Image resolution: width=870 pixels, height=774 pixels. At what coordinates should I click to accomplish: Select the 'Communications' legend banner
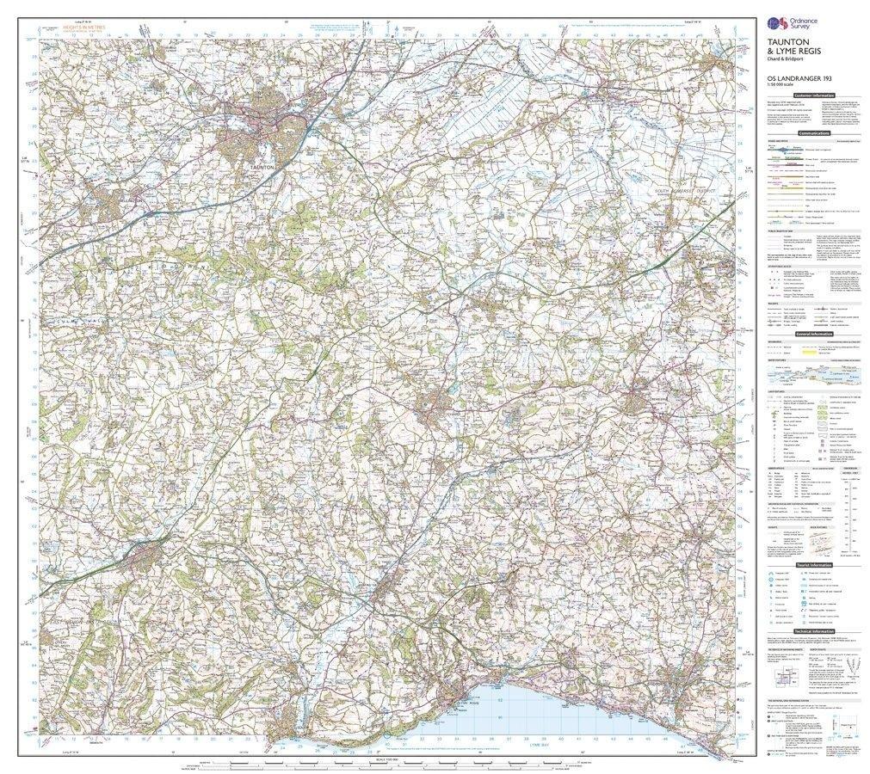tap(815, 134)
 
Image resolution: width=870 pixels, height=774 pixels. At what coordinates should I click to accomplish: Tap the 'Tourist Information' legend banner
tap(815, 565)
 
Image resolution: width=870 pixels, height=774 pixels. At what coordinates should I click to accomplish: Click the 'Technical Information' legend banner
tap(815, 630)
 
